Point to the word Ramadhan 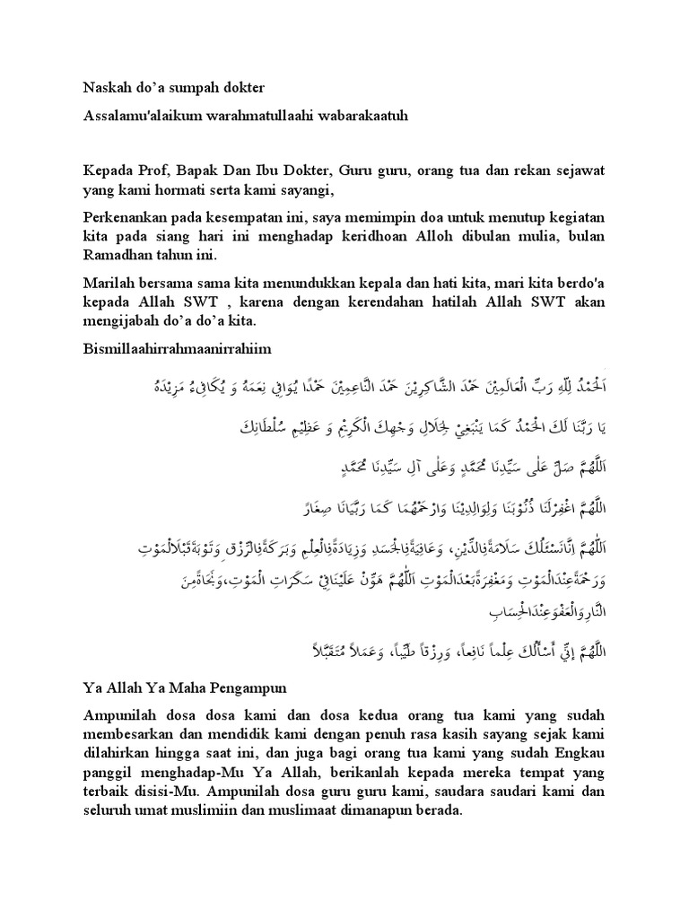point(118,256)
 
